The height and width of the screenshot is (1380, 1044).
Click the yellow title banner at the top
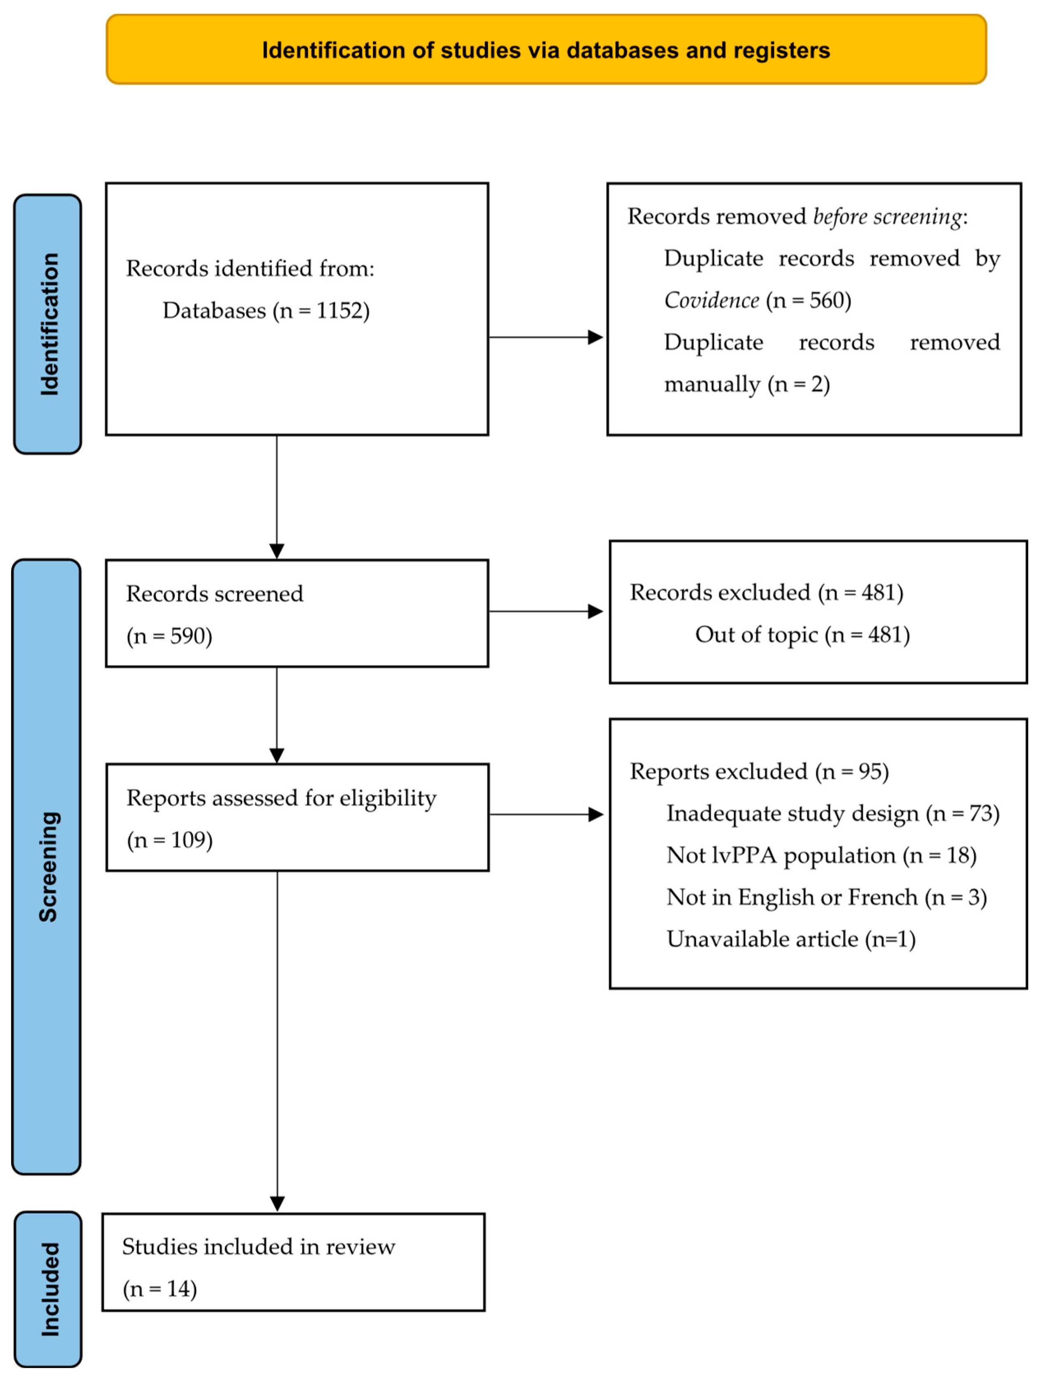(x=546, y=49)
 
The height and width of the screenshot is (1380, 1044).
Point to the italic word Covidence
(x=711, y=301)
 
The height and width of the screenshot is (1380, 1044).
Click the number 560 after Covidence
(x=826, y=301)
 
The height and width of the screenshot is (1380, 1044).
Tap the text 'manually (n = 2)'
(x=746, y=384)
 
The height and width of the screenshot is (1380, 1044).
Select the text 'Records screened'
(x=215, y=594)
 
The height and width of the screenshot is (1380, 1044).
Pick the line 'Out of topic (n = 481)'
(x=802, y=635)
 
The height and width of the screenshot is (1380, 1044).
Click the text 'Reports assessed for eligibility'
(x=281, y=798)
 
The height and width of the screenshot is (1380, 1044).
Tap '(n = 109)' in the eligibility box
(x=170, y=841)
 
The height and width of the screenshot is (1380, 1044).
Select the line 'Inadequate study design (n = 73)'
(x=833, y=813)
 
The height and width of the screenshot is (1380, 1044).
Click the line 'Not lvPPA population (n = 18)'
(x=821, y=855)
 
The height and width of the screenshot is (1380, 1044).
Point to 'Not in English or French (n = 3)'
(x=826, y=898)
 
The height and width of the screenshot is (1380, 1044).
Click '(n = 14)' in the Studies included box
(x=159, y=1289)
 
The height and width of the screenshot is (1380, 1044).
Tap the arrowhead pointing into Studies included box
(x=277, y=1204)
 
